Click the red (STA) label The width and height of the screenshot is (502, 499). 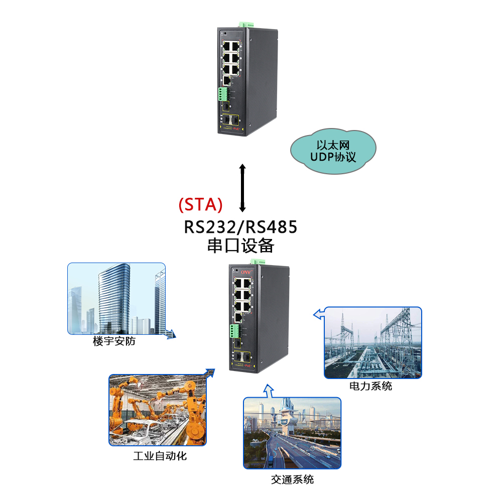(x=200, y=204)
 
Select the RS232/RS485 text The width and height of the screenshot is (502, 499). (x=240, y=227)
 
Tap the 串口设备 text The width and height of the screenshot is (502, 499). (x=240, y=245)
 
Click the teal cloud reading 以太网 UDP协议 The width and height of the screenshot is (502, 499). (x=333, y=151)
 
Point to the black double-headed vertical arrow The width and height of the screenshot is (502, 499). (x=242, y=187)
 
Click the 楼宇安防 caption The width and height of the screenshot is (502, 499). (x=114, y=341)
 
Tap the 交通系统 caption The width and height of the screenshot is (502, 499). (x=292, y=479)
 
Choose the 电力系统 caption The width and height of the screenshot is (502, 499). (x=370, y=386)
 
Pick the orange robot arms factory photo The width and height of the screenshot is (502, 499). (x=157, y=410)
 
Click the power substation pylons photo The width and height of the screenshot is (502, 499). (x=372, y=342)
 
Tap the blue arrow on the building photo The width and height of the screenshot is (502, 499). (x=170, y=333)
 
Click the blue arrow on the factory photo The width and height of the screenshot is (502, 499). (x=208, y=372)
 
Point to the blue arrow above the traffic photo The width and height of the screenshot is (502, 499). (x=269, y=390)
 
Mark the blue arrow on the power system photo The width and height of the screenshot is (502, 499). (x=318, y=314)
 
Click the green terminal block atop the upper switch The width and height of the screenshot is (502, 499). (x=247, y=24)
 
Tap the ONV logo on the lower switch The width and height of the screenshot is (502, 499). (x=245, y=272)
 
